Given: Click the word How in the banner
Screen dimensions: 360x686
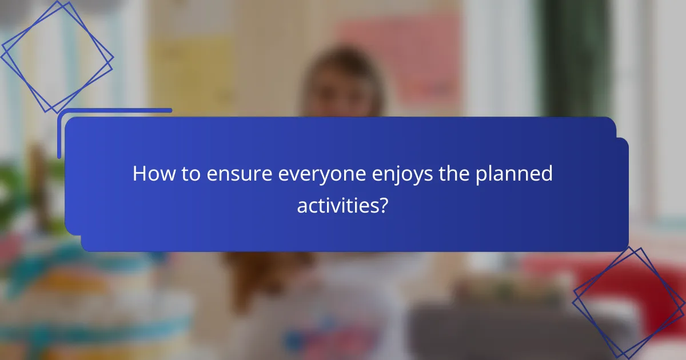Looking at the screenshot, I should pyautogui.click(x=151, y=174).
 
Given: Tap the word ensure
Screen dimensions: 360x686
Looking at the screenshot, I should pyautogui.click(x=231, y=174).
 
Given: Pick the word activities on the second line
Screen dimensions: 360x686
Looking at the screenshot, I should pyautogui.click(x=335, y=205).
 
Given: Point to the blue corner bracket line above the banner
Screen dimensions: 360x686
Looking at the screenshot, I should pyautogui.click(x=114, y=110).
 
